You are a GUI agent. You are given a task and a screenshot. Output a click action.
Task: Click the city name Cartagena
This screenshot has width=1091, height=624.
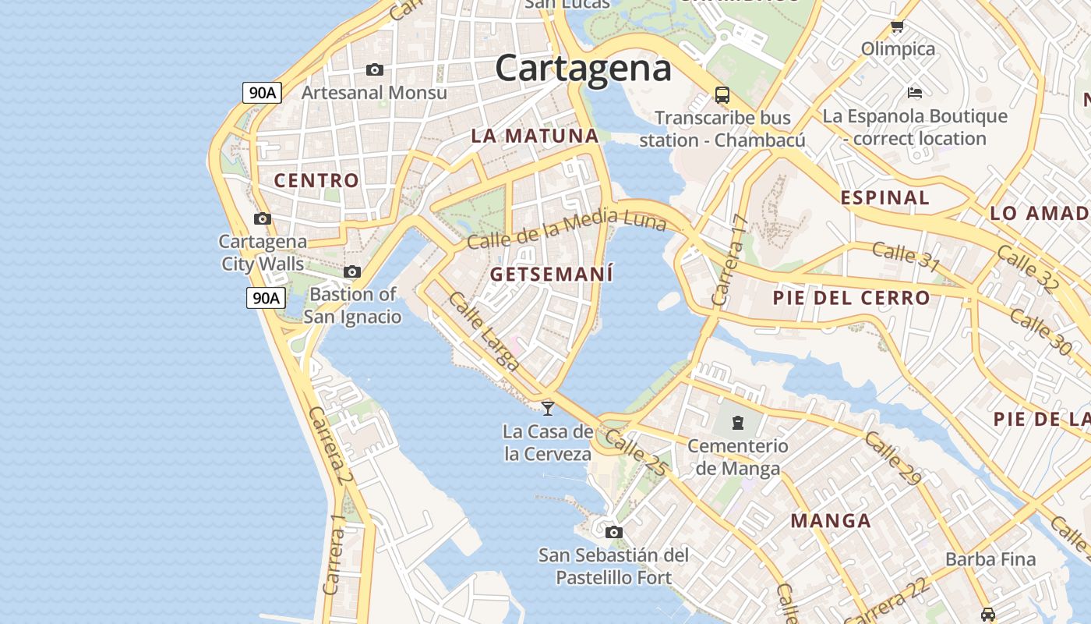[x=583, y=68]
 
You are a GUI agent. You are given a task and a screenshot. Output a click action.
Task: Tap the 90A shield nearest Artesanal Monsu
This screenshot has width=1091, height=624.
[x=262, y=93]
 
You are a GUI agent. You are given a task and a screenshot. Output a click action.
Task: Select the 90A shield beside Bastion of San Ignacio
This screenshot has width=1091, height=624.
[x=266, y=298]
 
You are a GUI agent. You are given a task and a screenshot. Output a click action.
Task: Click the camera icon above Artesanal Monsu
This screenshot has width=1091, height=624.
[x=375, y=70]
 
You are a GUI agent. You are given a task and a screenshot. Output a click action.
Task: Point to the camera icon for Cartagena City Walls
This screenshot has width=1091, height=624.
[x=263, y=219]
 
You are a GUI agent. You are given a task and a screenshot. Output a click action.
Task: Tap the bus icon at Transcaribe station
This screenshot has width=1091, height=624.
[x=722, y=96]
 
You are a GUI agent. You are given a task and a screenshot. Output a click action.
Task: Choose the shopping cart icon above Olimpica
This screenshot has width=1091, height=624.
[x=898, y=27]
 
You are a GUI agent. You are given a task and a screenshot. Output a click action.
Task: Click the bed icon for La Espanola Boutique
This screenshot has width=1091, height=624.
[x=915, y=93]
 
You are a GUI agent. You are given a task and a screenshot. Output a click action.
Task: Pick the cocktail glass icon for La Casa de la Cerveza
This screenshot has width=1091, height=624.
[x=548, y=407]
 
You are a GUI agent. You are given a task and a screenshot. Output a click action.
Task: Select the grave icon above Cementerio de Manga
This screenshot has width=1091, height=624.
[x=737, y=423]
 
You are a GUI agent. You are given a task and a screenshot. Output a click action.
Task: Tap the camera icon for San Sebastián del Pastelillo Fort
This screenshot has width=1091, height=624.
[x=614, y=533]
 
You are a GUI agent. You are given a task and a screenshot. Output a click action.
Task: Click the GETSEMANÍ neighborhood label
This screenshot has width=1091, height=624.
[x=552, y=275]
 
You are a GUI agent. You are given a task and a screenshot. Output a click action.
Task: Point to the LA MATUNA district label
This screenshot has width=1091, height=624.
[x=535, y=136]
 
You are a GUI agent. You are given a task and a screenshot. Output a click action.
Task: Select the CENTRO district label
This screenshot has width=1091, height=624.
[x=316, y=180]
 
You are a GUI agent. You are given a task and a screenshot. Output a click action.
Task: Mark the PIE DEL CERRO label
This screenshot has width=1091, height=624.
[x=852, y=297]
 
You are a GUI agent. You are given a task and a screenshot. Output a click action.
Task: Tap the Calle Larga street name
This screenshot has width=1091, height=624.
[x=484, y=331]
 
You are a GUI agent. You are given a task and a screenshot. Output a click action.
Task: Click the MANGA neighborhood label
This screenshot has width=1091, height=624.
[x=831, y=521]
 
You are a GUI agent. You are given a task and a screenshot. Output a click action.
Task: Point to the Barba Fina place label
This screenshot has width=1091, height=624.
[x=990, y=559]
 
